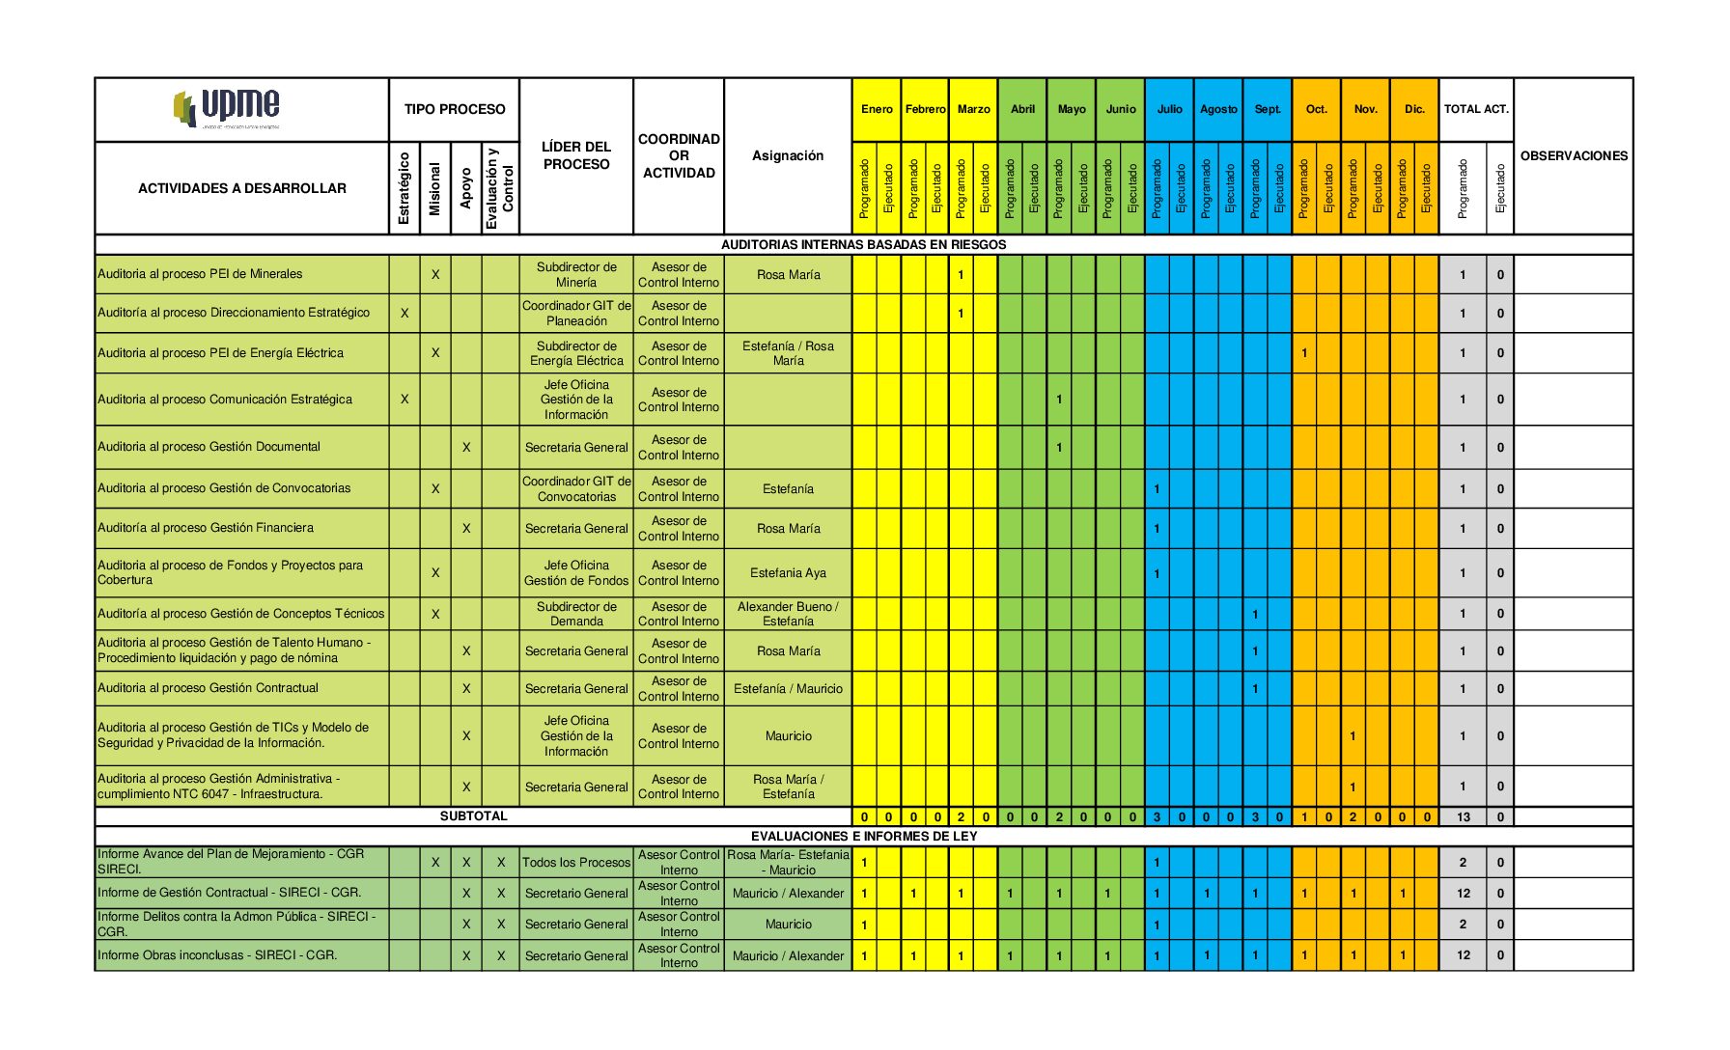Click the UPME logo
click(x=228, y=108)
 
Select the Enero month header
click(x=877, y=109)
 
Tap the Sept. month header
click(x=1268, y=109)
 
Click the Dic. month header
click(x=1414, y=109)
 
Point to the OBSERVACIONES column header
click(x=1574, y=155)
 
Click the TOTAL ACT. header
click(x=1476, y=109)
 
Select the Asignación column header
click(x=788, y=155)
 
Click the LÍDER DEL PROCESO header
click(x=576, y=155)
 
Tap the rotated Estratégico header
click(x=405, y=188)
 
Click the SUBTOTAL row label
click(x=473, y=816)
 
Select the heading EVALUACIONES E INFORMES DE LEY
click(x=864, y=836)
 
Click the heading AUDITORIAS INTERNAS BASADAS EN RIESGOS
click(x=864, y=244)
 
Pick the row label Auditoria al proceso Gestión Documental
click(x=209, y=447)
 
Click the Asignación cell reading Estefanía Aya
click(x=788, y=573)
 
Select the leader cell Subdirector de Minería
click(x=576, y=275)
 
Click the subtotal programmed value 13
click(x=1464, y=817)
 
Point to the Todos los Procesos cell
click(x=576, y=862)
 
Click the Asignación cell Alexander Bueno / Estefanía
click(x=788, y=614)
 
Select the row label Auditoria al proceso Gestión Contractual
click(x=208, y=688)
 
